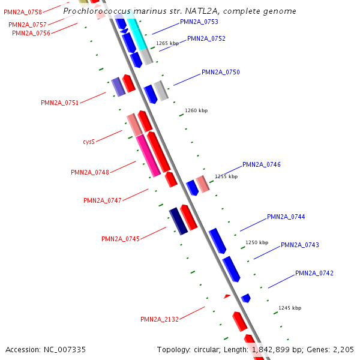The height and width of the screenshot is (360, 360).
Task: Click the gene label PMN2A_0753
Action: click(x=199, y=22)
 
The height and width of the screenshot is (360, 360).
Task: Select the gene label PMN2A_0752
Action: click(x=206, y=38)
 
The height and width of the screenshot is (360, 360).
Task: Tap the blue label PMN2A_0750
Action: click(x=221, y=72)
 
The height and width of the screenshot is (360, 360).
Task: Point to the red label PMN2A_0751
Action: click(x=60, y=103)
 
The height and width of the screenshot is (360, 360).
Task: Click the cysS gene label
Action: click(x=89, y=142)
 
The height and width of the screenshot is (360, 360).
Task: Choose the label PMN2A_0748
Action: click(x=90, y=172)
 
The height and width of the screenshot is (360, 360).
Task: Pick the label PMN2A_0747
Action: click(x=103, y=200)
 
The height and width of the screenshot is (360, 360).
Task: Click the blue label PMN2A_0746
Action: click(x=262, y=164)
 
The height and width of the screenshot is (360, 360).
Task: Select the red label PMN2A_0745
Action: click(x=121, y=239)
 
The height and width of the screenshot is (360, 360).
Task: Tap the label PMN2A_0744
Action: click(x=286, y=217)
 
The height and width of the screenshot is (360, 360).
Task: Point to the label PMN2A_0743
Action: click(x=300, y=245)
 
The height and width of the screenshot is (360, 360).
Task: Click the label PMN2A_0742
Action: click(x=314, y=273)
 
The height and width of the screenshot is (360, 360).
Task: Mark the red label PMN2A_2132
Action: click(x=160, y=319)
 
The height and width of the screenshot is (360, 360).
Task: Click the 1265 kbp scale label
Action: click(x=167, y=43)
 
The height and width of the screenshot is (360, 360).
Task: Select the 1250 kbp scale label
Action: click(x=257, y=242)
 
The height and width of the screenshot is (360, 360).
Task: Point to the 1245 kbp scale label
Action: click(x=290, y=308)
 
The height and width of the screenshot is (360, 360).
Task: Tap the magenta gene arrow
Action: click(x=148, y=155)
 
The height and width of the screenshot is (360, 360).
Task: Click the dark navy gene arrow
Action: click(x=178, y=221)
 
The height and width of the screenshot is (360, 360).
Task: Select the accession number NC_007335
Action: click(x=46, y=349)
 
